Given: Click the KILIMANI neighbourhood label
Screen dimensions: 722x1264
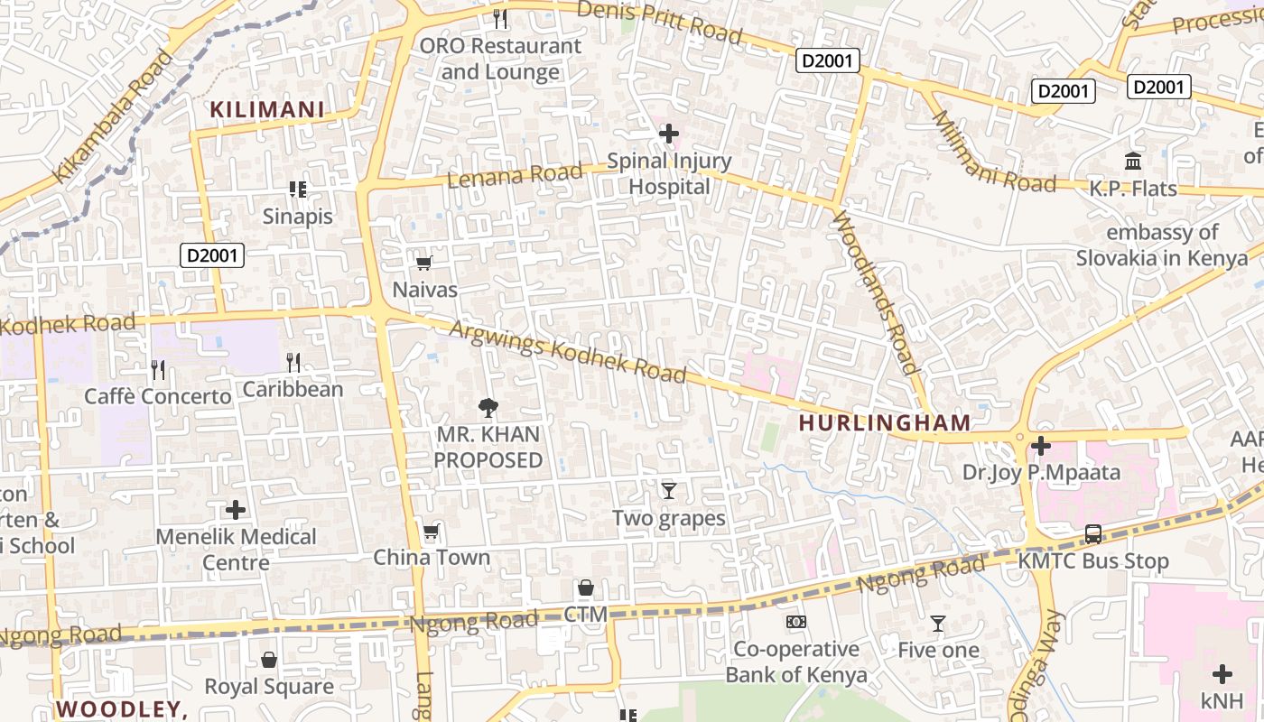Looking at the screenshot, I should (266, 110).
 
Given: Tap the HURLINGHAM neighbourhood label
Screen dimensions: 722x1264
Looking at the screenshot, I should (885, 422).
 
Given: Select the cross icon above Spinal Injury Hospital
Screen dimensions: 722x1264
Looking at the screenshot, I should (669, 134).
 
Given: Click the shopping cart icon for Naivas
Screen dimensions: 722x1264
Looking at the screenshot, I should (423, 263).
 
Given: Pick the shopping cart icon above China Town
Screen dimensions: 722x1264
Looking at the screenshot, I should (432, 532).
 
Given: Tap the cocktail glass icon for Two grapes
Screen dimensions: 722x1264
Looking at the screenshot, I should (668, 491).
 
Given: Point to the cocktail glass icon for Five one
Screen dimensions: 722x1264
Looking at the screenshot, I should (938, 624).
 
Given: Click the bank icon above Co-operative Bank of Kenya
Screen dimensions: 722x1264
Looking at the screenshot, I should (795, 622).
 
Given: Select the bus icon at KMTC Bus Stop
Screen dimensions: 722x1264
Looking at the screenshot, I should (1092, 534).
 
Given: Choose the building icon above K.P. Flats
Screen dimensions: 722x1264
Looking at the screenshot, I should (1132, 162).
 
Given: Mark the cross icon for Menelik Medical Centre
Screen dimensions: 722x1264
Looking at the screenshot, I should (236, 511).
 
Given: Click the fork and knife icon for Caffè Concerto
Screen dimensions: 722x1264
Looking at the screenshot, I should (158, 369).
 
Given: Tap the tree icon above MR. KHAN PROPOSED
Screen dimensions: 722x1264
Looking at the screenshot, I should (488, 407).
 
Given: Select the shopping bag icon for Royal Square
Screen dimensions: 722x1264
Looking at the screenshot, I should (268, 660).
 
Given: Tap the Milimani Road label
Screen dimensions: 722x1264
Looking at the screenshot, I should (992, 152).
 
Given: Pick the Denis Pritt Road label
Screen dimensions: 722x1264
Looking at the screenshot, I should (659, 22).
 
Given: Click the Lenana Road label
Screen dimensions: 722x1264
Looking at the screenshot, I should (515, 175).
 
